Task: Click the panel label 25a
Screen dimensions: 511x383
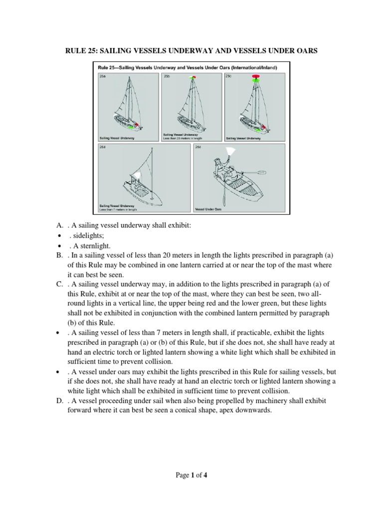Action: tap(102, 76)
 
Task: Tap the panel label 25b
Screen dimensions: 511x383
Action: tap(167, 76)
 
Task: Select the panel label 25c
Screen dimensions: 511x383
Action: tap(228, 76)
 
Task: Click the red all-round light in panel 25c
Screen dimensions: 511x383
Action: tap(256, 77)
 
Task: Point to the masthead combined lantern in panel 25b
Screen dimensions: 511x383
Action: tap(192, 77)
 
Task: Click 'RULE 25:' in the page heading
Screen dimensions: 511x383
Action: tap(81, 51)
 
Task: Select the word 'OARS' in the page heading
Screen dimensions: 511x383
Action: tap(307, 51)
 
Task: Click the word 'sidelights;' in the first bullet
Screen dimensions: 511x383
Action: tap(86, 236)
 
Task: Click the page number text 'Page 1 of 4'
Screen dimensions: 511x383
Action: tap(191, 475)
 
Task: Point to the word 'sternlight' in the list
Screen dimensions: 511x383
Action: tap(95, 246)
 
